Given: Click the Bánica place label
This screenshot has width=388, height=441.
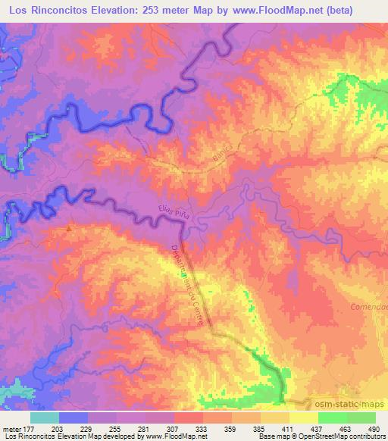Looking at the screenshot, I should click(219, 156).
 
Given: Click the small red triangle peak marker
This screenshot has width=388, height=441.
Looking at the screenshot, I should click(70, 227).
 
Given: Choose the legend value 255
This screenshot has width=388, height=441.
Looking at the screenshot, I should click(116, 429).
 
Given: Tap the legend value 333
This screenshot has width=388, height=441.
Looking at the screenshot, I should click(202, 429).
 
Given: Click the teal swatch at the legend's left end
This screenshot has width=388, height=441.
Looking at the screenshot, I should click(44, 418).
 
